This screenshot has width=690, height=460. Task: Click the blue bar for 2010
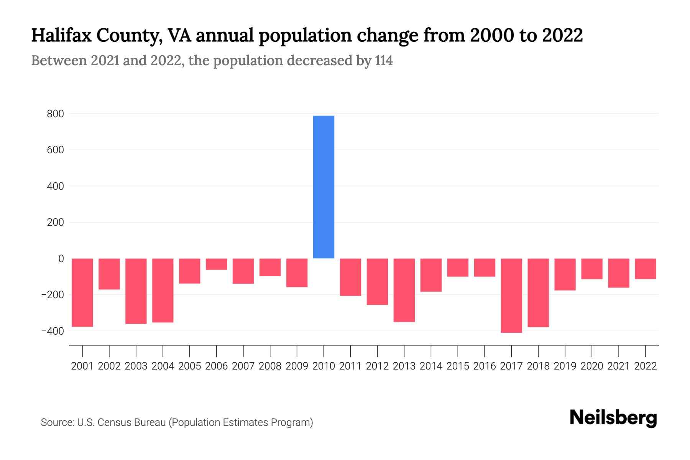[324, 187]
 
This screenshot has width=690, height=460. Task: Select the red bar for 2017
[511, 295]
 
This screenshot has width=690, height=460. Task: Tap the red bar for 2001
[82, 292]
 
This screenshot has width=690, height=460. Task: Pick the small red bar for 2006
[217, 264]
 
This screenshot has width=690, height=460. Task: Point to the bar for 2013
[404, 290]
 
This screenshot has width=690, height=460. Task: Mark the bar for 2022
[646, 269]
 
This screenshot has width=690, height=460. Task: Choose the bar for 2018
[538, 292]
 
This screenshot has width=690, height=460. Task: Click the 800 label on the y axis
[56, 114]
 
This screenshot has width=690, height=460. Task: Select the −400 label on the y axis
[53, 331]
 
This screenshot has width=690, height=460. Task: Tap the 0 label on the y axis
[61, 259]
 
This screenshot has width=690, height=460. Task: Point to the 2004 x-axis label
[163, 366]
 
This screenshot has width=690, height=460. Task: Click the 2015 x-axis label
[458, 366]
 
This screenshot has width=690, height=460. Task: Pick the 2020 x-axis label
[592, 366]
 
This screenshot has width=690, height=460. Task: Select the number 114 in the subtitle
[384, 61]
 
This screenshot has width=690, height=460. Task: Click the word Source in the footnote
[57, 422]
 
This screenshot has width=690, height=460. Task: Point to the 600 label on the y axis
[56, 150]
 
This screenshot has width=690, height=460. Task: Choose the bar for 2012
[377, 281]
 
